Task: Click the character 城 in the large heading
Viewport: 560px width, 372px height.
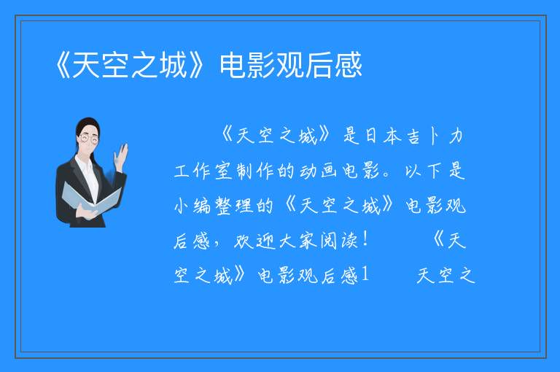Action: tap(174, 65)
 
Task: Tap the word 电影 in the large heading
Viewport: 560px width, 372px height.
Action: tap(248, 65)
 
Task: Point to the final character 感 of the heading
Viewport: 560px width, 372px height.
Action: tap(349, 65)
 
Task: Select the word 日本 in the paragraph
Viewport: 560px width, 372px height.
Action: tap(383, 136)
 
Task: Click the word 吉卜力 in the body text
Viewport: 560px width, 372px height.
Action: tap(436, 136)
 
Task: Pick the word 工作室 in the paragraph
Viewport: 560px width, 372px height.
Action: tap(203, 171)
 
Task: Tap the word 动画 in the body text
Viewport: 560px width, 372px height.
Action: tap(318, 171)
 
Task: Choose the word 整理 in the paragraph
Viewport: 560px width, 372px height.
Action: tap(234, 206)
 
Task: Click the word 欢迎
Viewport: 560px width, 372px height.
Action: tap(254, 241)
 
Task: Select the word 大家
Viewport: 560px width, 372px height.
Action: tap(297, 241)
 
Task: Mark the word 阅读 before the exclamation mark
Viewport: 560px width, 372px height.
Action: tap(338, 241)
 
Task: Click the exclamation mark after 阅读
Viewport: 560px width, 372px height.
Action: tap(365, 240)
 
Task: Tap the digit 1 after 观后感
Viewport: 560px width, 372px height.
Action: tap(365, 275)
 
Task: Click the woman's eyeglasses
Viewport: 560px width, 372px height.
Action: tap(89, 139)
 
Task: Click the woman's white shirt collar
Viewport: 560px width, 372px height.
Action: tap(85, 163)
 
